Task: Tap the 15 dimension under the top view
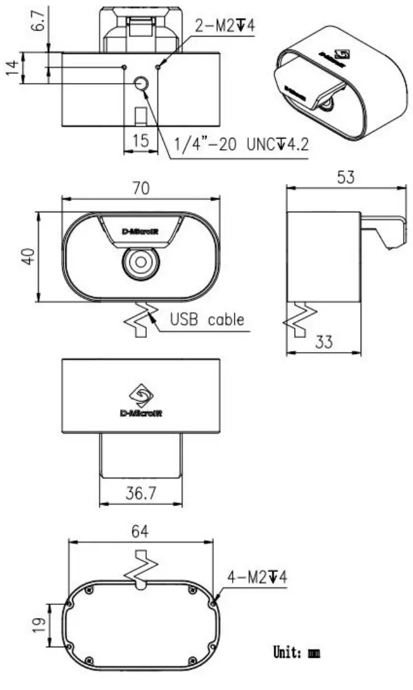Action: [x=141, y=140]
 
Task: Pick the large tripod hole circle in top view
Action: [x=141, y=84]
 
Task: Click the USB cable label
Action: [x=207, y=320]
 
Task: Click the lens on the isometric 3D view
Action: [x=327, y=102]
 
